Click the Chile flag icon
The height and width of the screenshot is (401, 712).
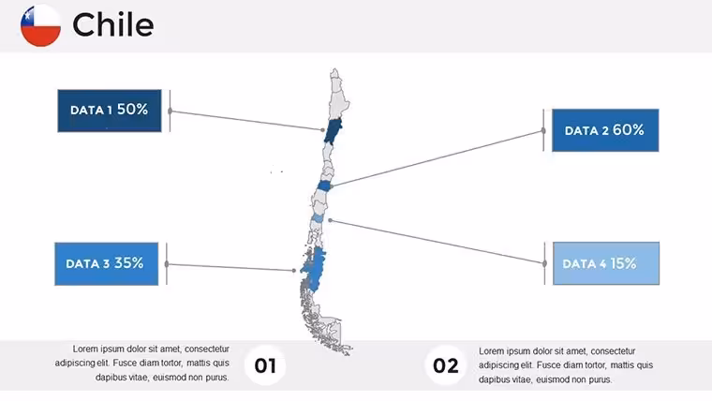[x=40, y=25]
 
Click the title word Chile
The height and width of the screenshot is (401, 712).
[x=113, y=24]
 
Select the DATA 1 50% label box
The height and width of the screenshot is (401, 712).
[x=110, y=111]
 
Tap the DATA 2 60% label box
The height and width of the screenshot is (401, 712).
[x=605, y=130]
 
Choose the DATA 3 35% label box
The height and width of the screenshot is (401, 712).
[x=107, y=264]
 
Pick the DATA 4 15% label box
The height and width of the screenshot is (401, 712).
[x=606, y=263]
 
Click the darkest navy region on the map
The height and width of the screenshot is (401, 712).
[x=333, y=131]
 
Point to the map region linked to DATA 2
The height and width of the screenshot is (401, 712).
[x=324, y=186]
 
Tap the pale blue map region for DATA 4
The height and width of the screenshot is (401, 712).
[x=318, y=218]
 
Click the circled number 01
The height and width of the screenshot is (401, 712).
[x=265, y=365]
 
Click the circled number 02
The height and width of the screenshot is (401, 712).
[x=445, y=365]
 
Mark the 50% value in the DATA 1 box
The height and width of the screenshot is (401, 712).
[x=133, y=110]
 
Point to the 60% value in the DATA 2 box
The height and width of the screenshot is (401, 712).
[x=629, y=130]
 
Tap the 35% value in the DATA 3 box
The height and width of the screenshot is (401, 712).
[x=129, y=263]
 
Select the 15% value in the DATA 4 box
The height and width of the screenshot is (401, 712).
[x=623, y=263]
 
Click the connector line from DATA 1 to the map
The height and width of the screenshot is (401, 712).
[x=246, y=120]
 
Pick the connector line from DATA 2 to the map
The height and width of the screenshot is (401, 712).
[x=438, y=158]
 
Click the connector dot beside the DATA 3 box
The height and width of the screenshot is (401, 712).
[x=167, y=264]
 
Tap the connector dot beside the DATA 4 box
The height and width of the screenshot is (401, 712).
[x=544, y=263]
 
